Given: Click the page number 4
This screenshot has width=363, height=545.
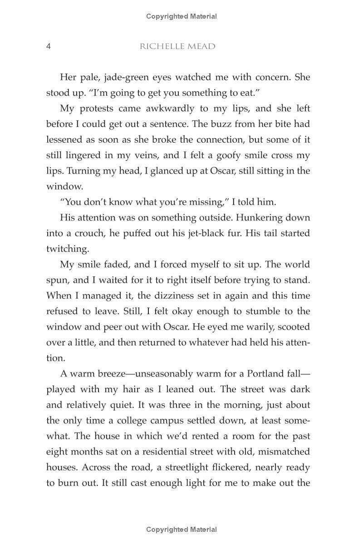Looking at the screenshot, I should tap(49, 46).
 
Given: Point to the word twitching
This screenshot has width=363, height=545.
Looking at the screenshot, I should tap(67, 249).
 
